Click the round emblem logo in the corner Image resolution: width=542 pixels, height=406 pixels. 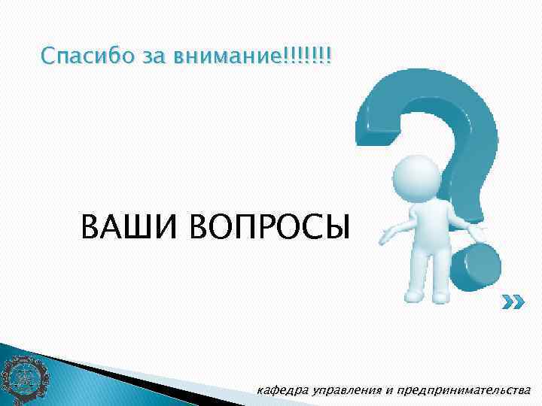23,377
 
